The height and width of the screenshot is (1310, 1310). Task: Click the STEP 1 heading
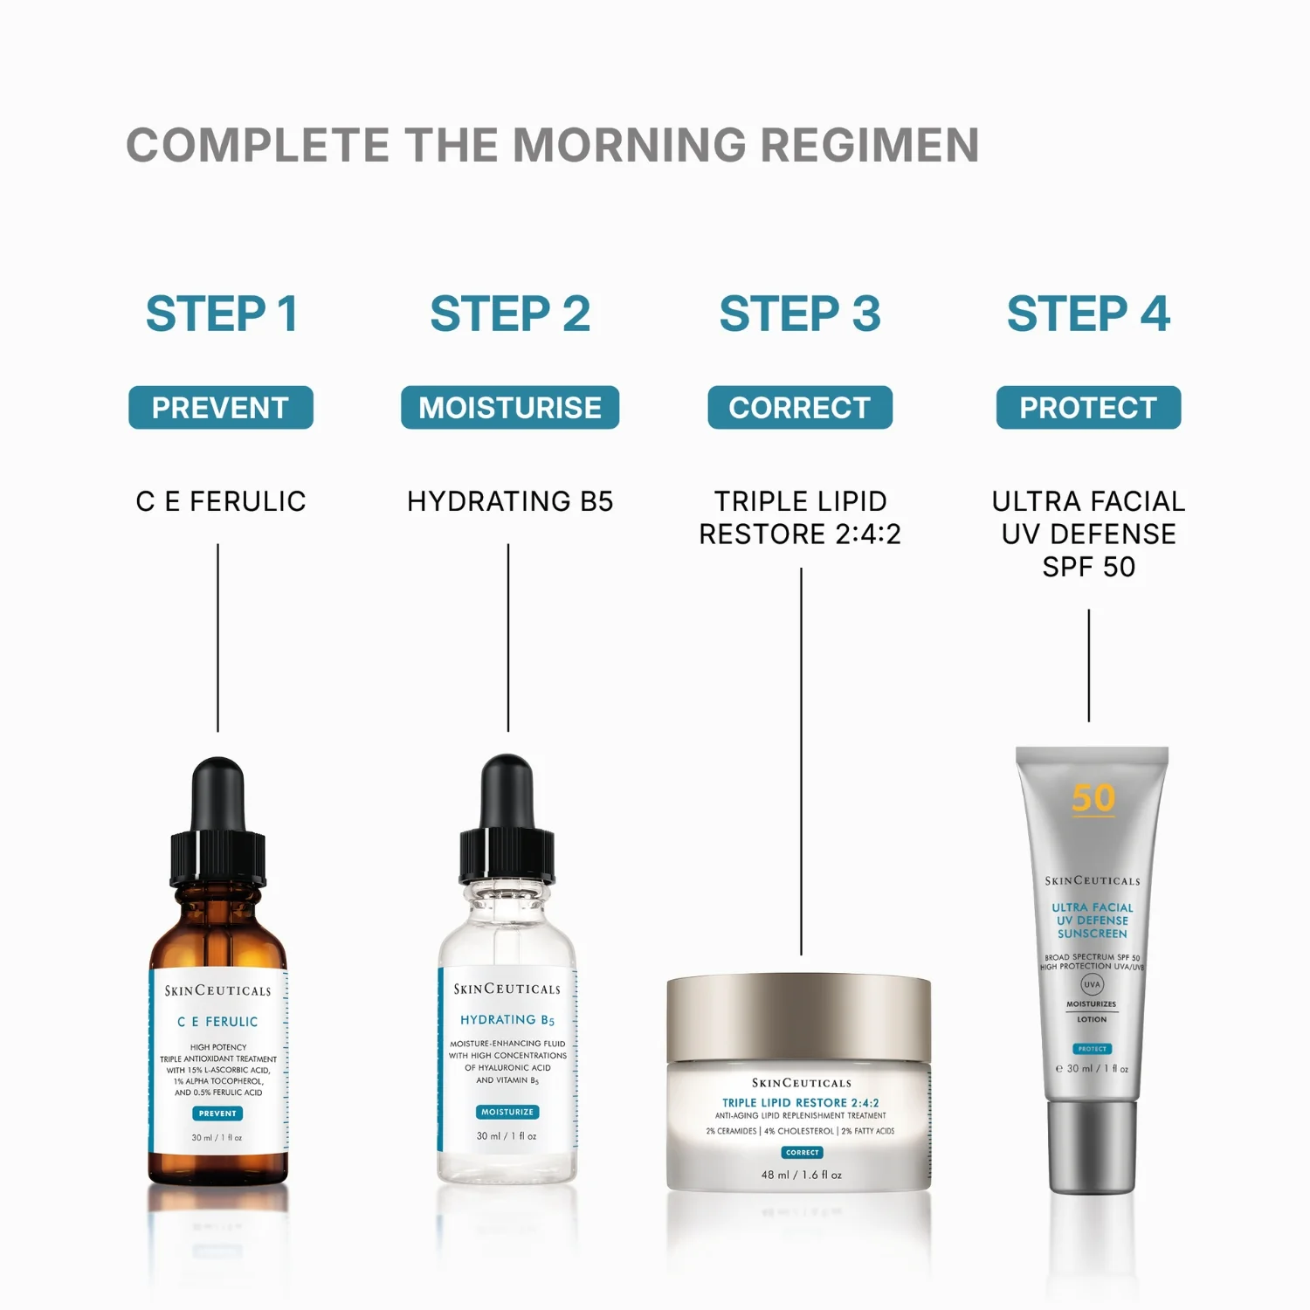pyautogui.click(x=221, y=314)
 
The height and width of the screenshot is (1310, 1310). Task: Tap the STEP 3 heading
pyautogui.click(x=800, y=314)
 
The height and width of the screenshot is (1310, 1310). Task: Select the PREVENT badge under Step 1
pyautogui.click(x=221, y=408)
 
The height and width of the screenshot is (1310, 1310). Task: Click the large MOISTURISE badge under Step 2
pyautogui.click(x=510, y=408)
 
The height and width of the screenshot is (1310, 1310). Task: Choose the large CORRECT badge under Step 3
pyautogui.click(x=800, y=408)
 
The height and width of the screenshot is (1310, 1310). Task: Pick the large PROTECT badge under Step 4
pyautogui.click(x=1088, y=408)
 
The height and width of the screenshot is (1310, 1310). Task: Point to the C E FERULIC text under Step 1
pyautogui.click(x=221, y=501)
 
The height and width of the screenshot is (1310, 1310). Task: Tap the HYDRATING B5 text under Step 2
pyautogui.click(x=510, y=501)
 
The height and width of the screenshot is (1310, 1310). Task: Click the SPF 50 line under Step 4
pyautogui.click(x=1088, y=567)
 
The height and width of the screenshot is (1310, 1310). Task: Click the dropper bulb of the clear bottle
pyautogui.click(x=507, y=790)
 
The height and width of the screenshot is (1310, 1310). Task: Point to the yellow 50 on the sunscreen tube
pyautogui.click(x=1093, y=797)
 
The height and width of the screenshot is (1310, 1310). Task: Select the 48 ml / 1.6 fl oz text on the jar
pyautogui.click(x=801, y=1175)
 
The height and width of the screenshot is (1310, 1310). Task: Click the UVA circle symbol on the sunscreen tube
pyautogui.click(x=1093, y=984)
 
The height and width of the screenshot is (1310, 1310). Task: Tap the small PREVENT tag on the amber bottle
pyautogui.click(x=217, y=1113)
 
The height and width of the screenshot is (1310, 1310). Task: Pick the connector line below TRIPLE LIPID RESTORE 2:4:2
pyautogui.click(x=801, y=760)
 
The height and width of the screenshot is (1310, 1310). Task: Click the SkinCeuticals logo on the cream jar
pyautogui.click(x=801, y=1083)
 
